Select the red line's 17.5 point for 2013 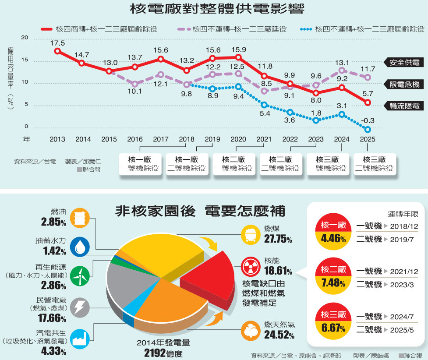click(57, 51)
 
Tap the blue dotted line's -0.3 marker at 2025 click(368, 129)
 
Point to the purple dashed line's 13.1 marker click(342, 70)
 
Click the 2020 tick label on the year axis click(238, 139)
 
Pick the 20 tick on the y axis click(25, 38)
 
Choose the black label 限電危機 click(404, 84)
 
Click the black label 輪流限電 click(404, 106)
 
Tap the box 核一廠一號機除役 click(140, 164)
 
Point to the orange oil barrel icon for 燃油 click(80, 218)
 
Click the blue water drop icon click(80, 247)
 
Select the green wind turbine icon click(80, 275)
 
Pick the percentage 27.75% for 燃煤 click(278, 239)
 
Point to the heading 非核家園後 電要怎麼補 click(199, 212)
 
